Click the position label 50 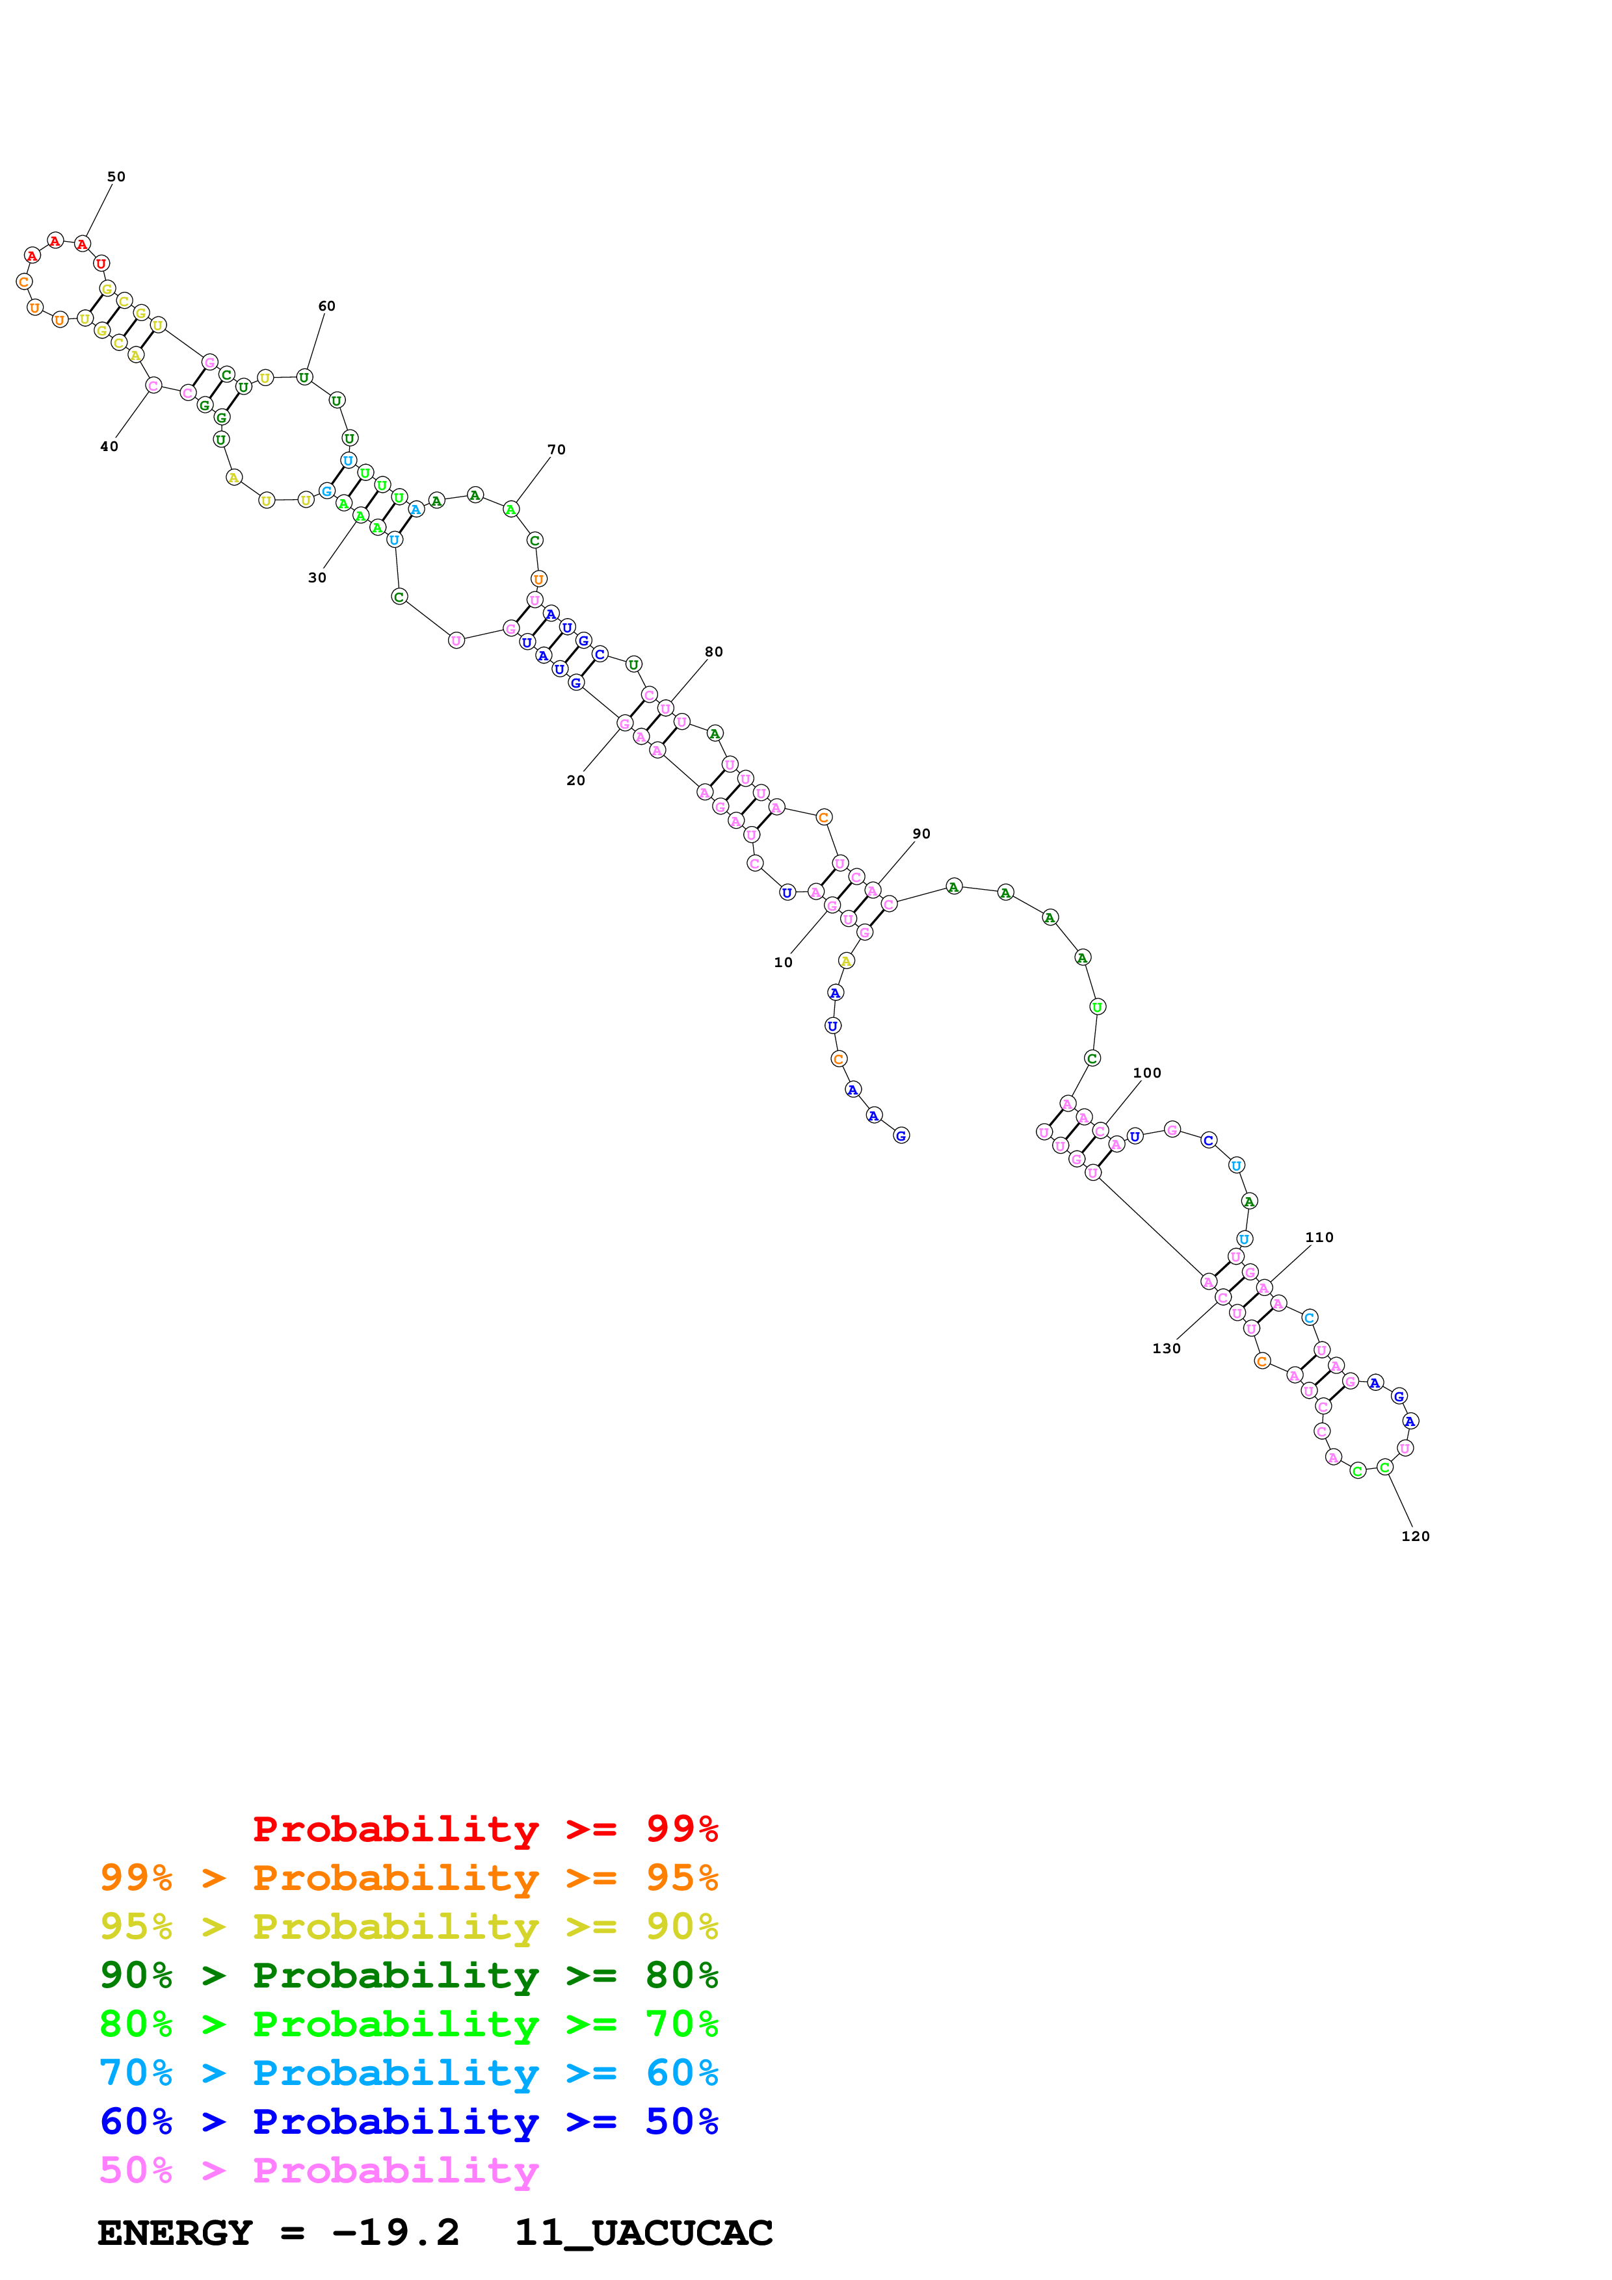(116, 177)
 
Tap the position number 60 (327, 306)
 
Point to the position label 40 (109, 447)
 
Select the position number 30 (317, 578)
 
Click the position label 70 (556, 450)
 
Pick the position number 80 (714, 653)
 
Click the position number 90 (921, 834)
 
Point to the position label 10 (784, 963)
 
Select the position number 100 (1147, 1074)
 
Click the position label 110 (1319, 1237)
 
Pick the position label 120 (1416, 1536)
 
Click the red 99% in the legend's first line (681, 1829)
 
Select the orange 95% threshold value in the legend (681, 1878)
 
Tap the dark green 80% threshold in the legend (681, 1975)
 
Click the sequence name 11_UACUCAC (644, 2233)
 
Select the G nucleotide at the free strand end (901, 1135)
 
